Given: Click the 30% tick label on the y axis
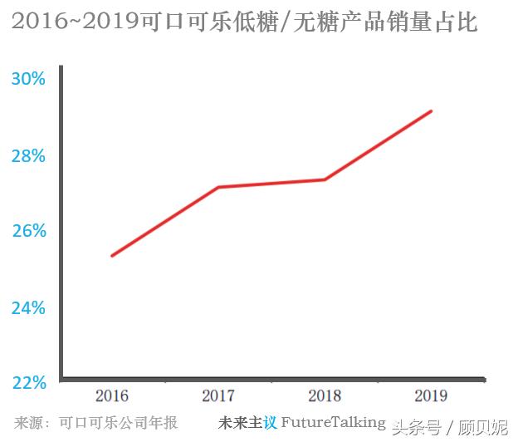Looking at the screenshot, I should [x=28, y=80].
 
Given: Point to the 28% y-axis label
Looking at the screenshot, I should [x=28, y=156].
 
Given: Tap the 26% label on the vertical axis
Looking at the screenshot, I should [x=28, y=231].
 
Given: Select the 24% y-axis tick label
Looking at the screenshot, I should [x=28, y=308].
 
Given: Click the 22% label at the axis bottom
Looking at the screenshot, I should [x=28, y=383].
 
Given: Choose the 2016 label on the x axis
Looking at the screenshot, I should [x=112, y=396].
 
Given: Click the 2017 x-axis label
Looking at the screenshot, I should [x=218, y=396].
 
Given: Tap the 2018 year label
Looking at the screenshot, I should [x=325, y=396].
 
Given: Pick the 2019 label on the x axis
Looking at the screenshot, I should [x=431, y=396].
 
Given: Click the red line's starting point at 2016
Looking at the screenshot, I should [x=112, y=255].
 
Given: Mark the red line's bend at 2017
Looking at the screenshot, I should [x=218, y=187].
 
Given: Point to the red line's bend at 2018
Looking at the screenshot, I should [x=325, y=179].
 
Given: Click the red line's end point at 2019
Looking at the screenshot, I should [x=431, y=110].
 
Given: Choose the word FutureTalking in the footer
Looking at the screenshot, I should [x=333, y=422].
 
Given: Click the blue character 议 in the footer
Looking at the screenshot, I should [x=270, y=422].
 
